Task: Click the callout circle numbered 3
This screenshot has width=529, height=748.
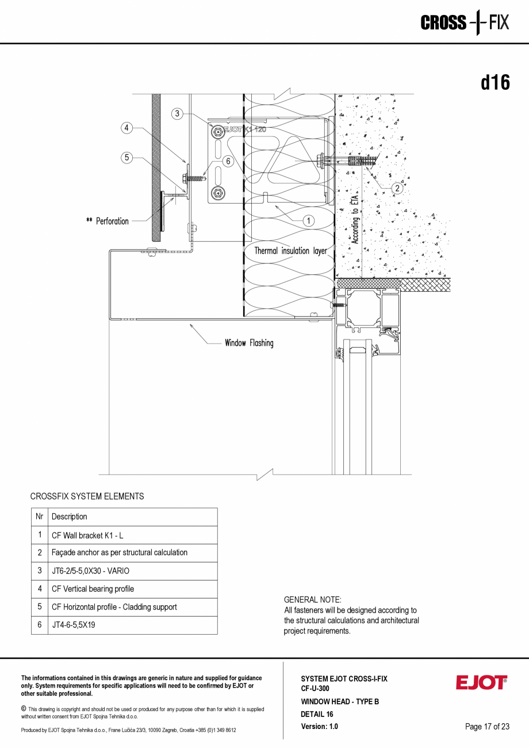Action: pos(178,114)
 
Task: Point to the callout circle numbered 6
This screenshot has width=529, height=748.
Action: pos(228,162)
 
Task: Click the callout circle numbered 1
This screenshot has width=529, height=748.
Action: pos(308,220)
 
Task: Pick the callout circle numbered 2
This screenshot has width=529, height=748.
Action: pos(397,188)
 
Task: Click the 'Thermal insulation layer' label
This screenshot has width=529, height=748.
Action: pos(290,251)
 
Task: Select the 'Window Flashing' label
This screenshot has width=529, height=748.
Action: pos(249,344)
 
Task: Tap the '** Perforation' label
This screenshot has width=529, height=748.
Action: pos(107,221)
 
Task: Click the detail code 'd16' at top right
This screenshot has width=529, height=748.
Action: pos(495,83)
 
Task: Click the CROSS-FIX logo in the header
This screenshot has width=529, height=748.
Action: pos(465,23)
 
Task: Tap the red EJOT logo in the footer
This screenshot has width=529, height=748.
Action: pos(481,683)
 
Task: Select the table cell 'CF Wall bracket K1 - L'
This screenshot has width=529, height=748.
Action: pos(87,535)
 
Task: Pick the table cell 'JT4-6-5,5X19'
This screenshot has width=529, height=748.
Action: pos(73,625)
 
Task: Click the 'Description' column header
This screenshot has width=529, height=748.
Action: pos(70,517)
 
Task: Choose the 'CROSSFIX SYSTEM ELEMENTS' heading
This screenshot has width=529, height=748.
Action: pos(87,496)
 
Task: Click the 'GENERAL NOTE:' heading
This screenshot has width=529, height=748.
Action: pos(313,600)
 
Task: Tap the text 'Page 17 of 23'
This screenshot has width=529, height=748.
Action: pos(487,727)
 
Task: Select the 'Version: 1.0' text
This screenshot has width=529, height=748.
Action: pos(319,727)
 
